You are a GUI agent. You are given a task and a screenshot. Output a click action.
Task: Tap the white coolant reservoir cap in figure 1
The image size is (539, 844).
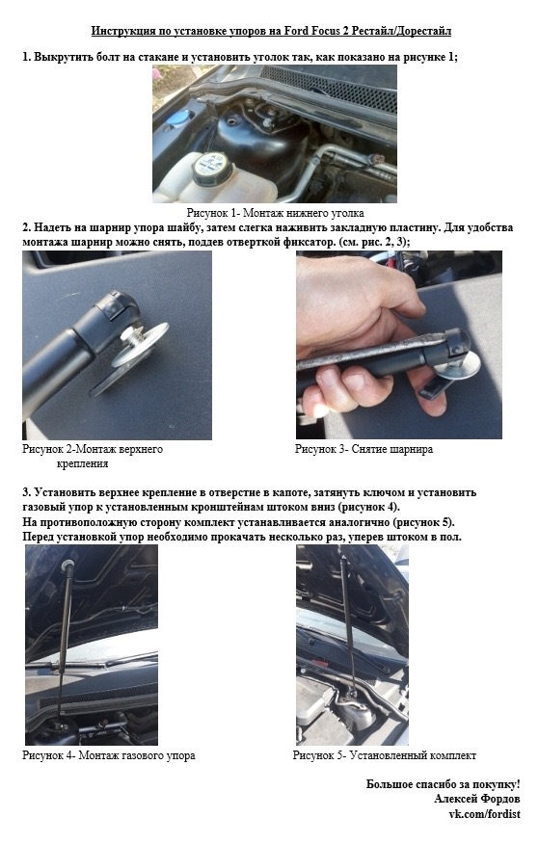[213, 168]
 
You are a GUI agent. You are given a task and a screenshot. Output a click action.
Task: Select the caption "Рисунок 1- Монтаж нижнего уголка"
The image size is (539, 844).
[275, 213]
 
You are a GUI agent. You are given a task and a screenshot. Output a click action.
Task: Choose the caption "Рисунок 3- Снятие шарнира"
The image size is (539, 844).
[364, 448]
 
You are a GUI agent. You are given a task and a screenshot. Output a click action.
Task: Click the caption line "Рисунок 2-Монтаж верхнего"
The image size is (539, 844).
[93, 448]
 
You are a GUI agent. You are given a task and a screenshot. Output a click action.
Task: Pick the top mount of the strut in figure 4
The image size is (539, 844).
[67, 566]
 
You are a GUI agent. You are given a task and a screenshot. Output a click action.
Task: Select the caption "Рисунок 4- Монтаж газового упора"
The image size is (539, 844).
[109, 755]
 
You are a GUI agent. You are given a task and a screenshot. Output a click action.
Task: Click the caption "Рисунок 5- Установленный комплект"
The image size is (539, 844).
[385, 755]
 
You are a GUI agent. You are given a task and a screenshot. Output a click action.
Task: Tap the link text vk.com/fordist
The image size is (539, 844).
[485, 813]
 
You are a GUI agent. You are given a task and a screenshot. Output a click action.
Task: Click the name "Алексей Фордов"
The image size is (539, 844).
[477, 799]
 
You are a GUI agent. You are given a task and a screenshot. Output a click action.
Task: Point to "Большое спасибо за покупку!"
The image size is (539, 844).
[444, 783]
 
